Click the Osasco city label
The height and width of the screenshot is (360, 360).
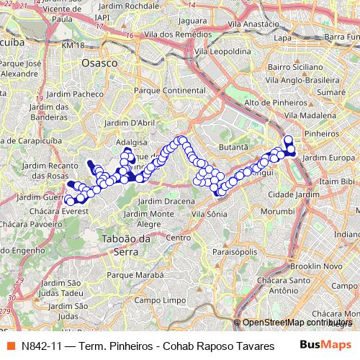99,63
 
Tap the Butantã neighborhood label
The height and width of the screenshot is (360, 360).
233,146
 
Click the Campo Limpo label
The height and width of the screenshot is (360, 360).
156,300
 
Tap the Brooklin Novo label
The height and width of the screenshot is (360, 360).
318,266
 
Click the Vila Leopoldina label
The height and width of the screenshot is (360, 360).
228,52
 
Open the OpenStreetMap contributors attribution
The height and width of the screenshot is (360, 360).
296,323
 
